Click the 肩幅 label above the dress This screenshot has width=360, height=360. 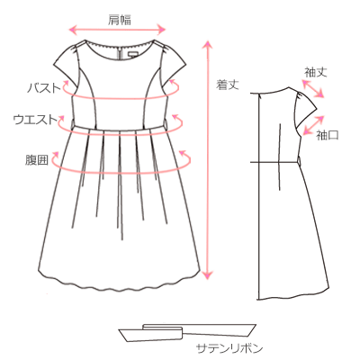point(119,20)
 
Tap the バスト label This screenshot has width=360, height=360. point(44,88)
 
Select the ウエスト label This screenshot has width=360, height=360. point(35,120)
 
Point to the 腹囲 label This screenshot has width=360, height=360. point(37,160)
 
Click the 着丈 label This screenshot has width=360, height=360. point(228,85)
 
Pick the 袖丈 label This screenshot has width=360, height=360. point(316,72)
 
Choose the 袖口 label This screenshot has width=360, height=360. point(328,135)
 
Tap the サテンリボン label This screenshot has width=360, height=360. point(229,348)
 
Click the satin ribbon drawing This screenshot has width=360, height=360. point(187,332)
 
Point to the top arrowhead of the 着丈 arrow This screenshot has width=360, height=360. point(208,43)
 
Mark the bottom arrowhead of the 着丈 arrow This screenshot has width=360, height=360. point(208,274)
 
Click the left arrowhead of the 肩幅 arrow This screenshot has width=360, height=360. point(73,30)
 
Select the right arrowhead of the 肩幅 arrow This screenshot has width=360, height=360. point(161,30)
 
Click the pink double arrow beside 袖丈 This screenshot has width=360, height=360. point(313,89)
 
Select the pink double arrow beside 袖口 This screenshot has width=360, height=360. point(314,124)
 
